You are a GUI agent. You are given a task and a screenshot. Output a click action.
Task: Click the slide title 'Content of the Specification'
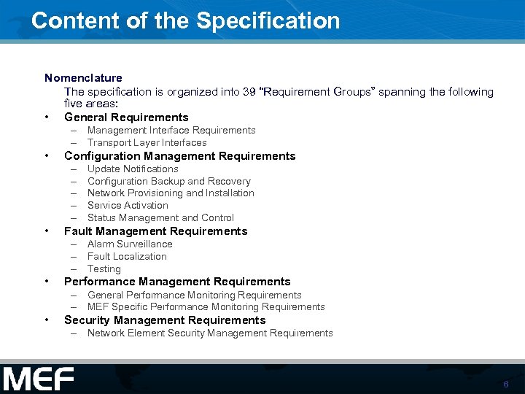[x=185, y=20]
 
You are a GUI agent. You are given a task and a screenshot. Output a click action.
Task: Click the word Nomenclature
[x=83, y=77]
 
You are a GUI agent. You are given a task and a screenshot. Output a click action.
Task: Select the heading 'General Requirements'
[x=126, y=117]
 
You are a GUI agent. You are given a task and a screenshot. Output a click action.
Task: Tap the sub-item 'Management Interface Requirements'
[x=171, y=131]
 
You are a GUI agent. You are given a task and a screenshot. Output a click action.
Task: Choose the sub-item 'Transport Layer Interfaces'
[x=147, y=143]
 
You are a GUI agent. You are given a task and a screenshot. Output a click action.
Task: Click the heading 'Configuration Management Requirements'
[x=179, y=156]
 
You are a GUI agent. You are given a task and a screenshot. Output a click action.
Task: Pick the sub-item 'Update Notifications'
[x=133, y=169]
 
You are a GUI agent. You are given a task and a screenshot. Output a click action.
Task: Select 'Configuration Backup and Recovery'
[x=168, y=181]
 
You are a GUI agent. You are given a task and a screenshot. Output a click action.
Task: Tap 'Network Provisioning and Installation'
[x=171, y=193]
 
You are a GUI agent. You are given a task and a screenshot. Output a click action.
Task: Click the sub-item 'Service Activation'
[x=128, y=206]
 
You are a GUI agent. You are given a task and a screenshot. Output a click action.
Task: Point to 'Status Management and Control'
[x=160, y=218]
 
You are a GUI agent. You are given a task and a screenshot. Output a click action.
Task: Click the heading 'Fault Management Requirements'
[x=156, y=231]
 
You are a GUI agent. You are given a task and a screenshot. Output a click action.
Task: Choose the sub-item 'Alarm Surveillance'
[x=130, y=244]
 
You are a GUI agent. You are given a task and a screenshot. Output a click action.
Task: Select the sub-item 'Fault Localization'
[x=127, y=257]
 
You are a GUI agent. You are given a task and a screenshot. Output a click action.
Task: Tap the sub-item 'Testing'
[x=104, y=269]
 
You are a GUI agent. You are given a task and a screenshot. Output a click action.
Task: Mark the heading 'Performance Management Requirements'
[x=177, y=282]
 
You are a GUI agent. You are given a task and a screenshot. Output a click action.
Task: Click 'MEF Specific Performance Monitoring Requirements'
[x=206, y=307]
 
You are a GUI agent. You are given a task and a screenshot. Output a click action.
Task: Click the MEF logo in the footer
[x=38, y=379]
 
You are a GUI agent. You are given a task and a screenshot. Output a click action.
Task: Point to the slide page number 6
[x=505, y=385]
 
